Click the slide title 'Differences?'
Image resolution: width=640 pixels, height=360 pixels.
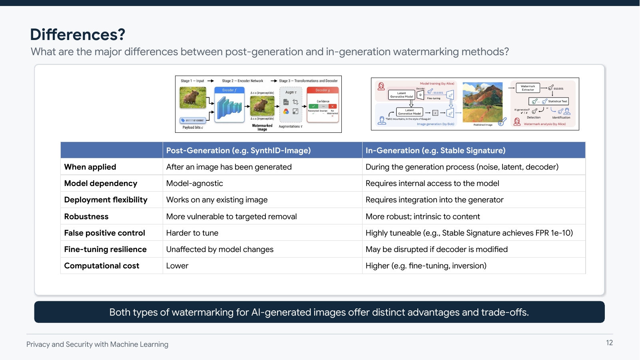(x=78, y=35)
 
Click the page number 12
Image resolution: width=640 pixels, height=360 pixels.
(x=609, y=343)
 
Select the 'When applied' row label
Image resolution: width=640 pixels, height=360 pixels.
(x=90, y=167)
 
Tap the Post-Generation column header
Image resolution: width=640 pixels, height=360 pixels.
(x=238, y=150)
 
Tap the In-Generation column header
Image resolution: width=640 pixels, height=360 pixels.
(x=435, y=150)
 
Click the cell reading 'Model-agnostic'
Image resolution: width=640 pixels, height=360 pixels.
(x=195, y=183)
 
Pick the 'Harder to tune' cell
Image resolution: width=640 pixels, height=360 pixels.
(x=192, y=233)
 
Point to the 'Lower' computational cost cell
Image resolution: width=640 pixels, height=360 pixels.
(x=177, y=266)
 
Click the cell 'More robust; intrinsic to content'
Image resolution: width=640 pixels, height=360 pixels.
(x=423, y=216)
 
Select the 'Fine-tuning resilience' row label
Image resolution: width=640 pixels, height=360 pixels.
(x=105, y=249)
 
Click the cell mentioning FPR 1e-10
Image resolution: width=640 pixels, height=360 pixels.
(x=469, y=233)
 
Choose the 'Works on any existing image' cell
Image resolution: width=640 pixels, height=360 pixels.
(x=217, y=200)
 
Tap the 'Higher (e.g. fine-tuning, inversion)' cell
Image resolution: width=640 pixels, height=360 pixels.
(x=426, y=266)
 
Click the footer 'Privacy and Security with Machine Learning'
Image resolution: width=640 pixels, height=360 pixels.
(x=97, y=344)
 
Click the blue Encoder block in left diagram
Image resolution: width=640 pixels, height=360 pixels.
(x=229, y=105)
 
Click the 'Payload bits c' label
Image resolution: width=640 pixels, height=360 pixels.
(x=193, y=128)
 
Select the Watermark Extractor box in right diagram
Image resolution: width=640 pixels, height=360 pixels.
(x=528, y=88)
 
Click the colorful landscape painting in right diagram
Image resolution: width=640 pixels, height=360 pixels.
(x=482, y=102)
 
